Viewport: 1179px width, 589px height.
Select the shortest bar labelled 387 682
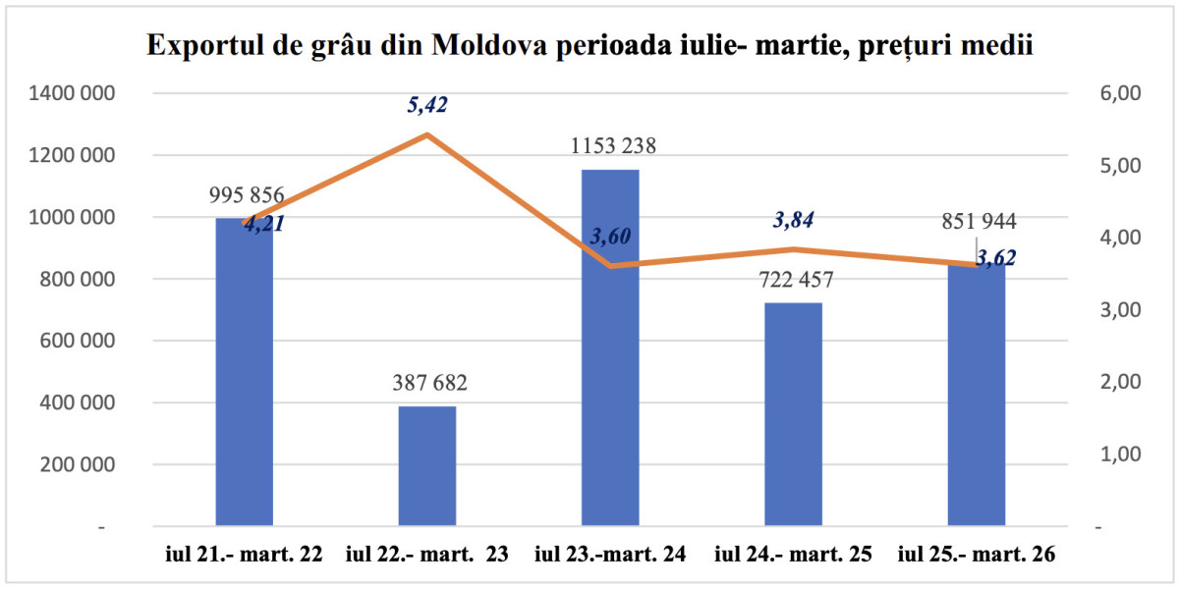pyautogui.click(x=427, y=466)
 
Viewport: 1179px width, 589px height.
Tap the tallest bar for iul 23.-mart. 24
pyautogui.click(x=610, y=353)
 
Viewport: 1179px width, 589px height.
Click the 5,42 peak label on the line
pyautogui.click(x=427, y=104)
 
